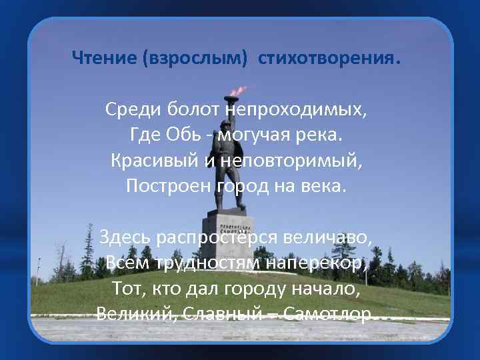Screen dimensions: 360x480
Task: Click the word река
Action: click(x=318, y=135)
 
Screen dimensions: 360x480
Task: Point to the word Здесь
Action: click(x=125, y=237)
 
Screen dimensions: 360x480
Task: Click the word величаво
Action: click(x=327, y=237)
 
